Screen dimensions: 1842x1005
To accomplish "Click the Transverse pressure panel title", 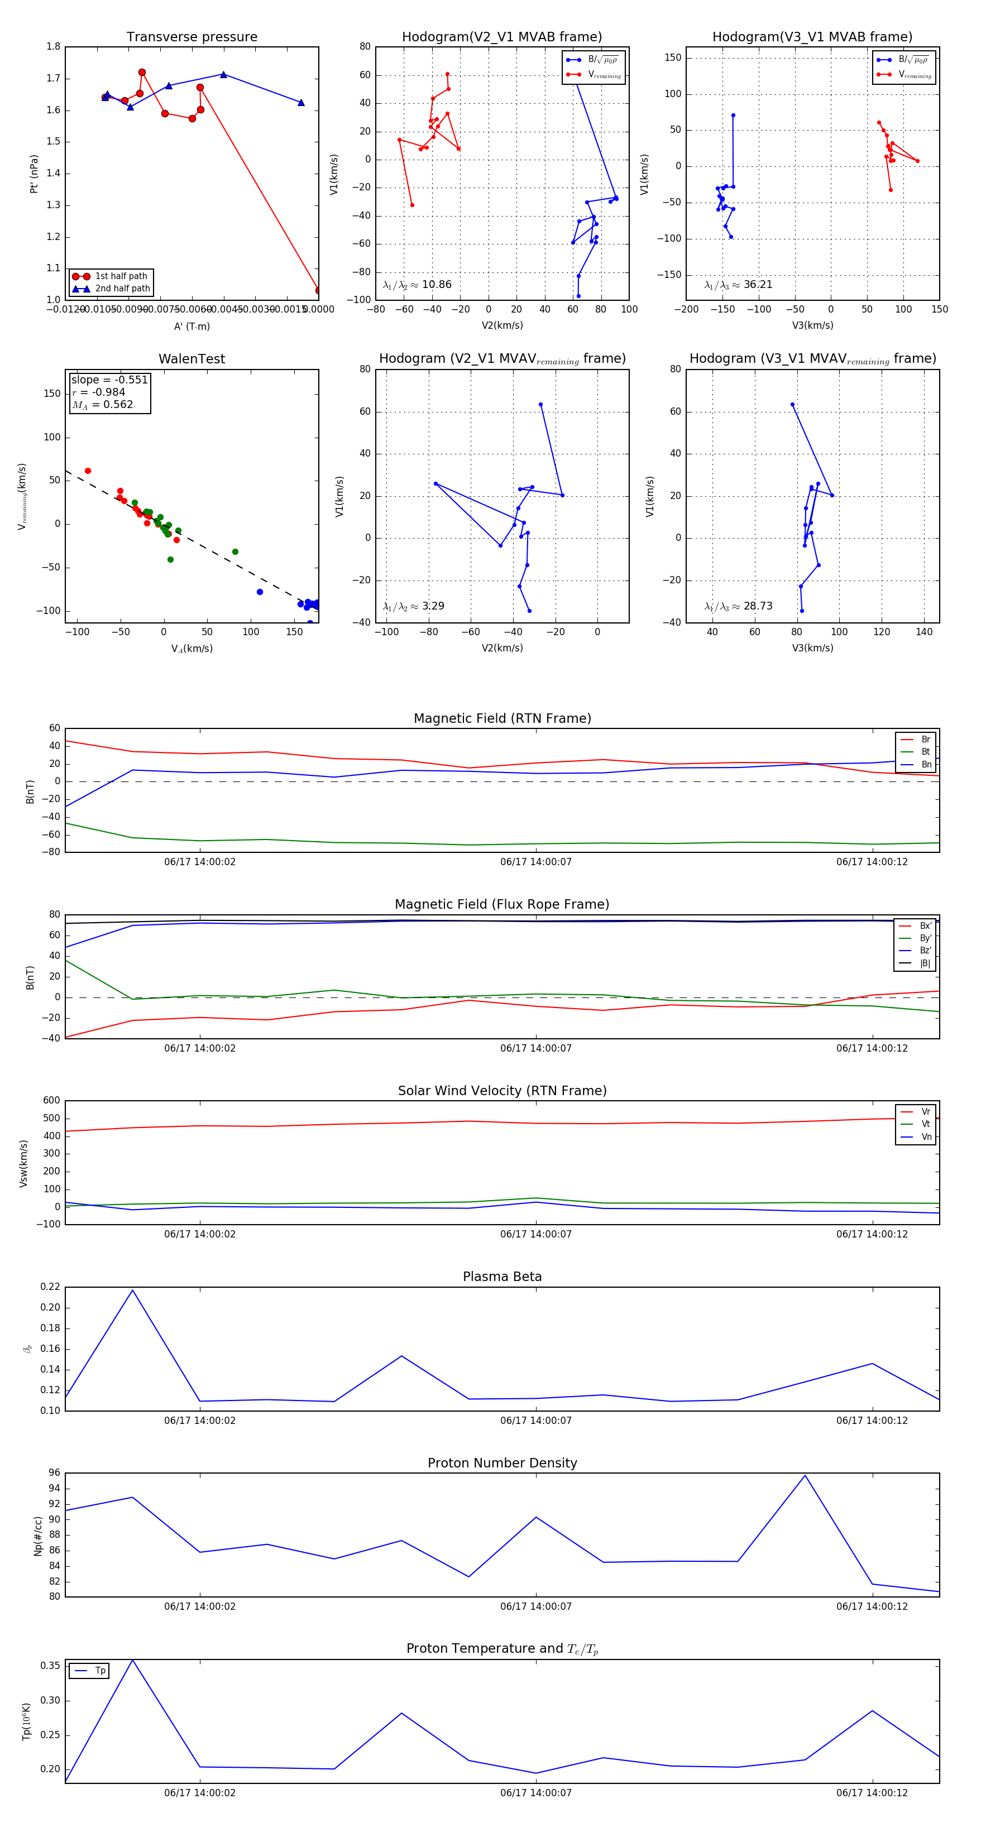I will coord(192,37).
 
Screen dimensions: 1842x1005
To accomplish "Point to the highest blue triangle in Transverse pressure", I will coord(223,74).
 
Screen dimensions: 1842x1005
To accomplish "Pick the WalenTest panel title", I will coord(192,359).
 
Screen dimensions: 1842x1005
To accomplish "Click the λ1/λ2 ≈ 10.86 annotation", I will coord(417,285).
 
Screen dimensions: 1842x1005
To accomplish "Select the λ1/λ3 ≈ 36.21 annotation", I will coord(738,285).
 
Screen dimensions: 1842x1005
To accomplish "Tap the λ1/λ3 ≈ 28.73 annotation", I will coord(738,606).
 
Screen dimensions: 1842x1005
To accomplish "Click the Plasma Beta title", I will coord(502,1277).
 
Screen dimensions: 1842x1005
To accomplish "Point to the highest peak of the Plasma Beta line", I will coord(132,1291).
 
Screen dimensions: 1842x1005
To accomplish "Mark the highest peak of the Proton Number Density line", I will coord(805,1476).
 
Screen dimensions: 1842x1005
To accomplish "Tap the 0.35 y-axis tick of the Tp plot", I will coord(50,1666).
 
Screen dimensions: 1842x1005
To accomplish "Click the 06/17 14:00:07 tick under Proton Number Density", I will coord(536,1606).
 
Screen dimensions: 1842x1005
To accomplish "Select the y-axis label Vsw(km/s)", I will coord(23,1163).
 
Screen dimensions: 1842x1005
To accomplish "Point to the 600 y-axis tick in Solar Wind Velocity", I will coord(51,1101).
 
